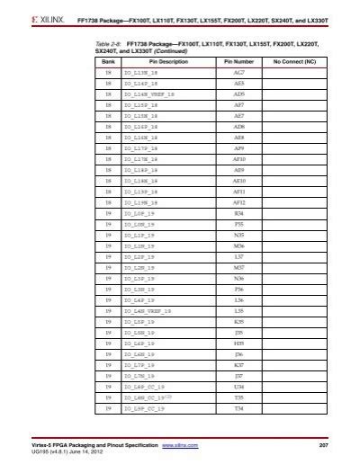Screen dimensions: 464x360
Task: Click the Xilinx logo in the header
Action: point(28,17)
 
